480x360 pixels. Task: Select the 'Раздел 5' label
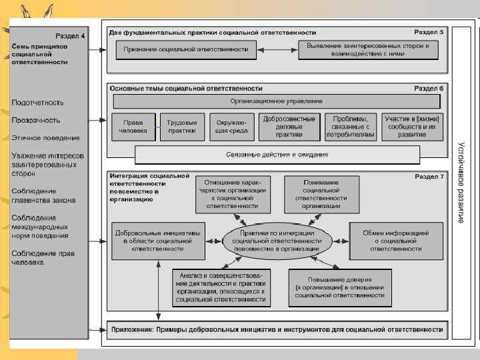click(429, 32)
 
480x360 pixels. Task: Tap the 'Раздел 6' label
click(429, 88)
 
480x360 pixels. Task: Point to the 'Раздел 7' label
click(429, 177)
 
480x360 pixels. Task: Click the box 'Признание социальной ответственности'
click(187, 49)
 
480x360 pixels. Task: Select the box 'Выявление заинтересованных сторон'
click(369, 49)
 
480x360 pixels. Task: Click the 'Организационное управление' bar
click(277, 101)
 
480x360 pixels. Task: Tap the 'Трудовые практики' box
click(182, 127)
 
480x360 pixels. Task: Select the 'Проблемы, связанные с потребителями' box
click(351, 127)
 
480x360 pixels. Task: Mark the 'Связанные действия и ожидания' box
click(277, 155)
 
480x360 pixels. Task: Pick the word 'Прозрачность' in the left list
click(36, 120)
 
